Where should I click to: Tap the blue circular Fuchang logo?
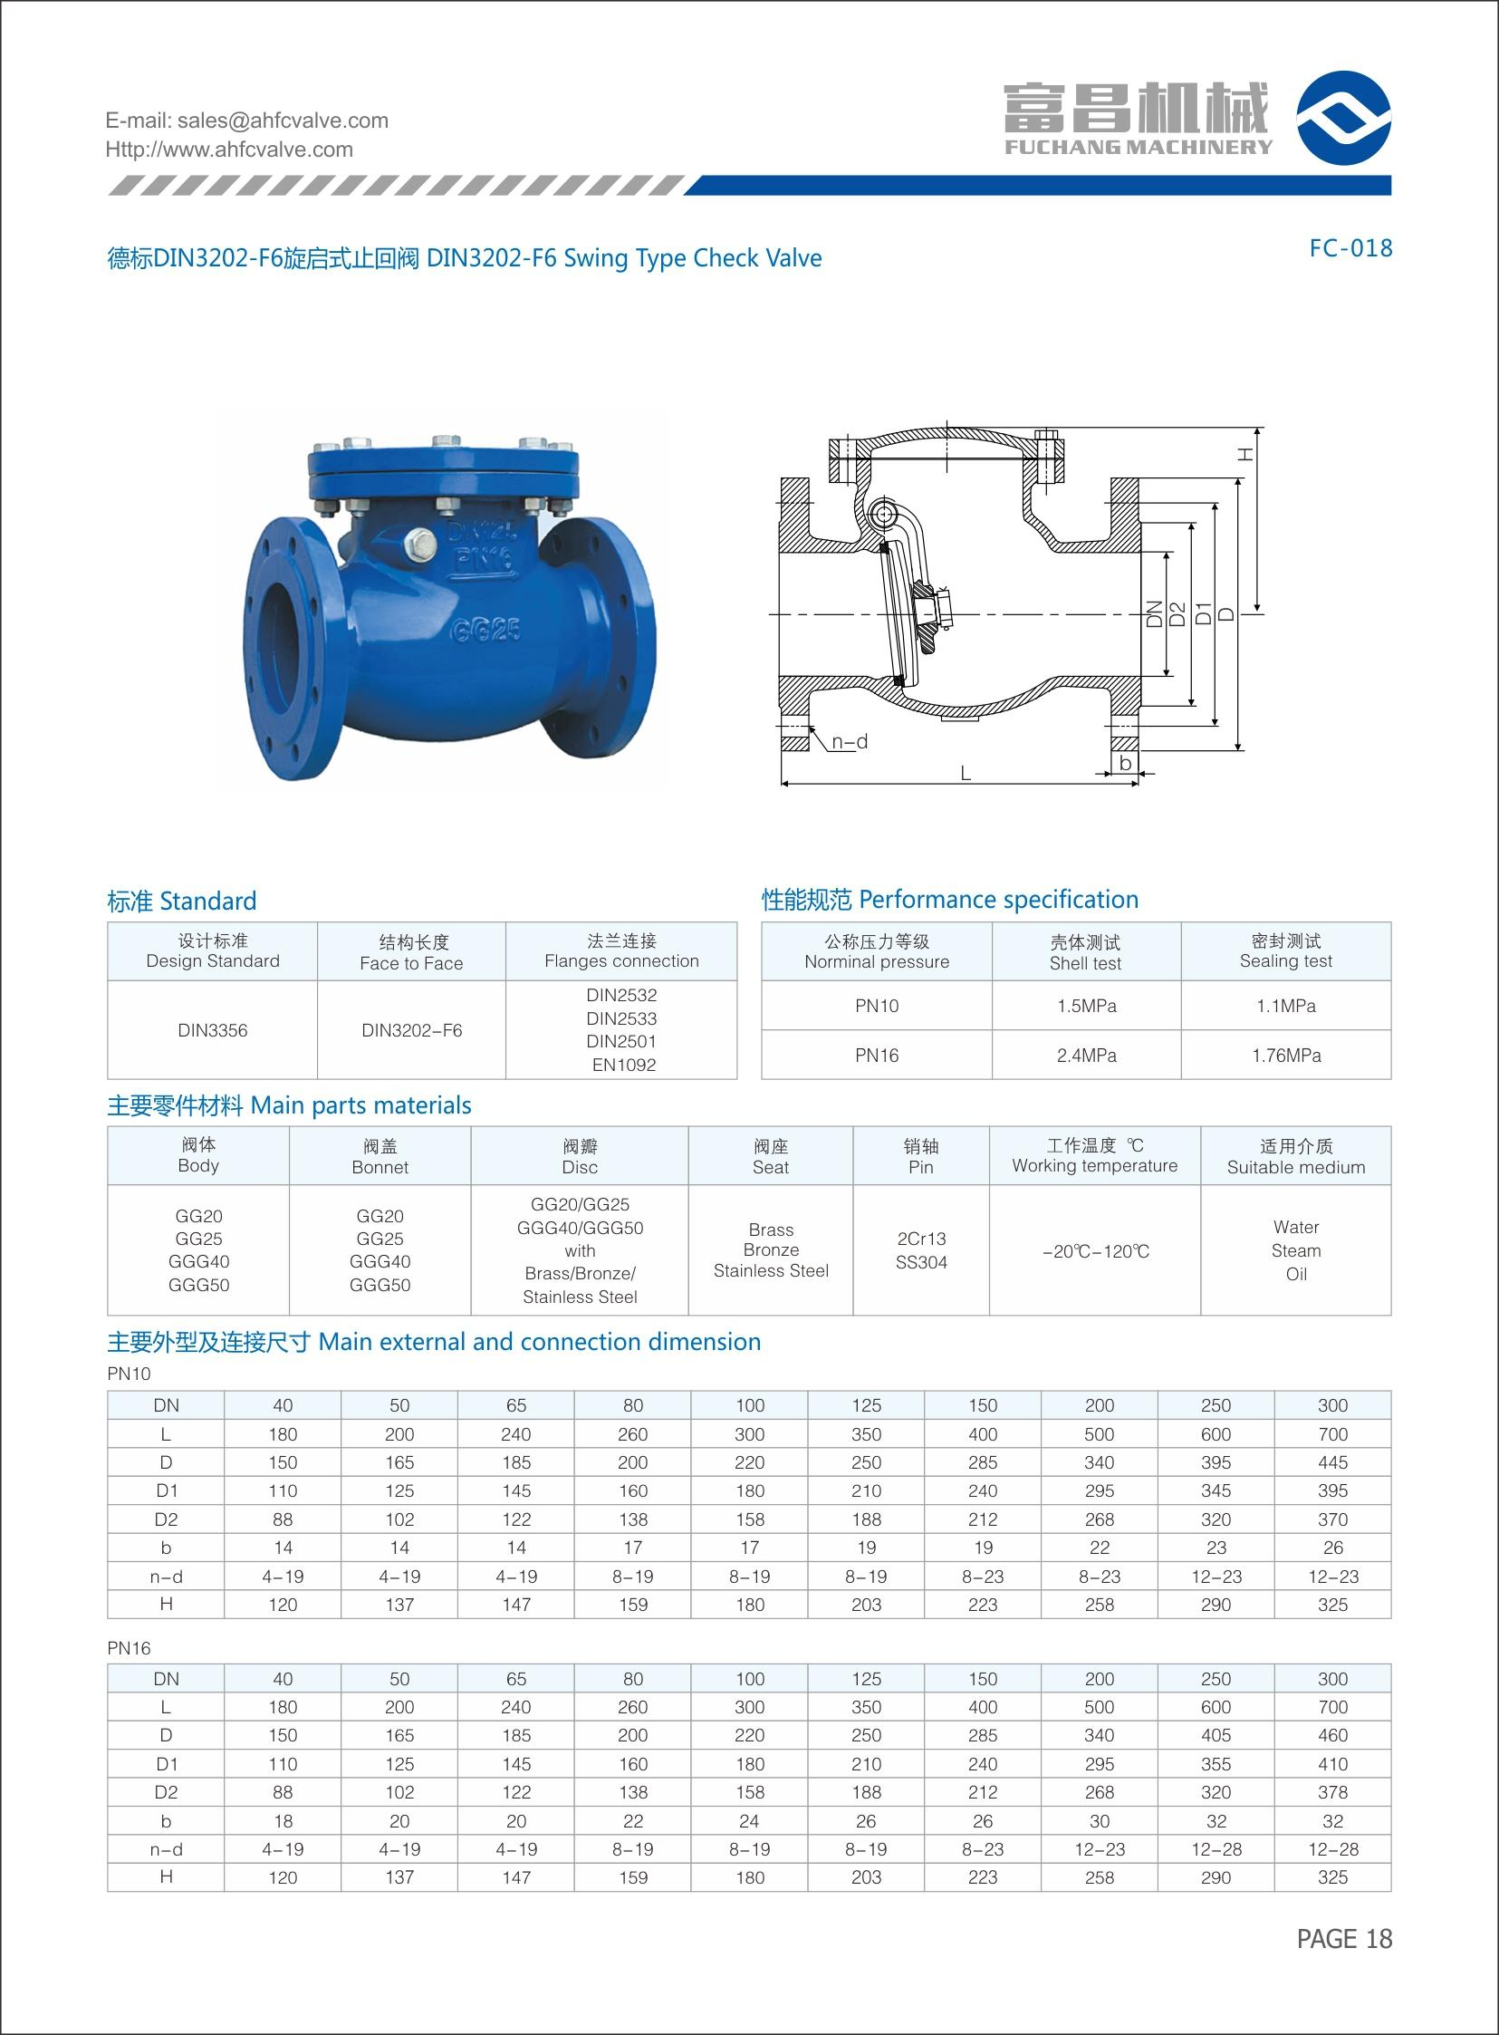[1343, 118]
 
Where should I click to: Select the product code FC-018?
[1350, 248]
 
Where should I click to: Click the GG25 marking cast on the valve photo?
[486, 630]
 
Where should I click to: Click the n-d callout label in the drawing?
[850, 741]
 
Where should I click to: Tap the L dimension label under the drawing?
[966, 774]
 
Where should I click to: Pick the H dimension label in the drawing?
[1246, 453]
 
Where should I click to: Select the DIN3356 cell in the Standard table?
[212, 1030]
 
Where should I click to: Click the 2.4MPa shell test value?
[1086, 1056]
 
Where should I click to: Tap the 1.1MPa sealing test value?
[1286, 1006]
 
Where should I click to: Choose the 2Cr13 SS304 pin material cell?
[921, 1249]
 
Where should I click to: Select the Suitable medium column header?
[1296, 1156]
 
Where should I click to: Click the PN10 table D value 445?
[1332, 1462]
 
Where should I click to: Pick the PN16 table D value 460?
[1332, 1735]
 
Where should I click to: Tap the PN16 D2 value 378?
[1332, 1793]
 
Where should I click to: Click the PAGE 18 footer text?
[1344, 1939]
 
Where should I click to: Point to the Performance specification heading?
[949, 900]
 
